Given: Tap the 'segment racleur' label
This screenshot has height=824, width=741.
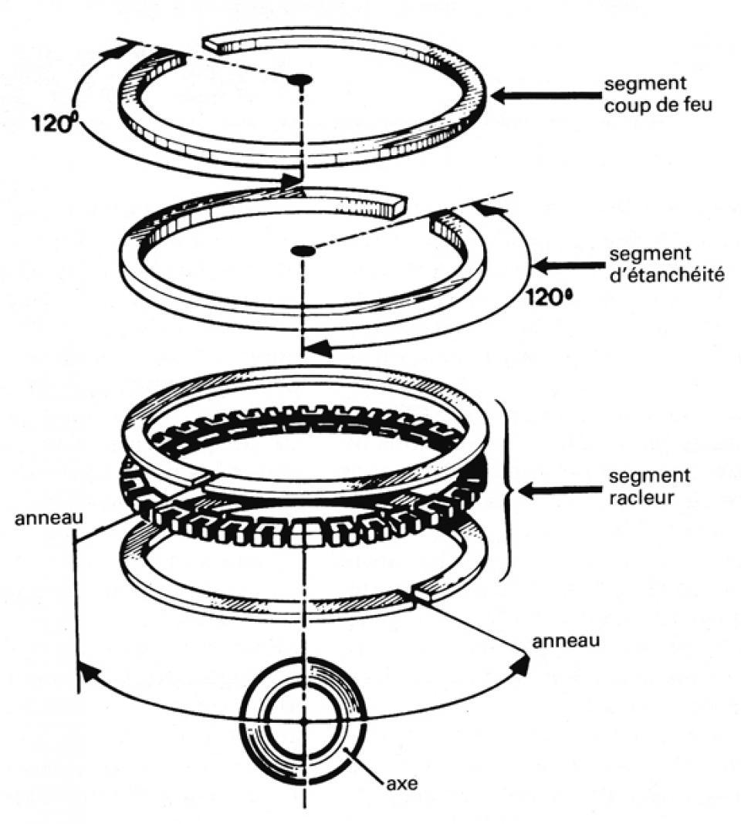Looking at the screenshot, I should (x=649, y=486).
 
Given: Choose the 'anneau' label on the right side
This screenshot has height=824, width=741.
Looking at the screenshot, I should (x=566, y=640).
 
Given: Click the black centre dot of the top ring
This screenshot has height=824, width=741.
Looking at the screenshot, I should (x=299, y=79).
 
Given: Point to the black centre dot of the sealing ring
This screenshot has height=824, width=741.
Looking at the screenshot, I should (x=301, y=251).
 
